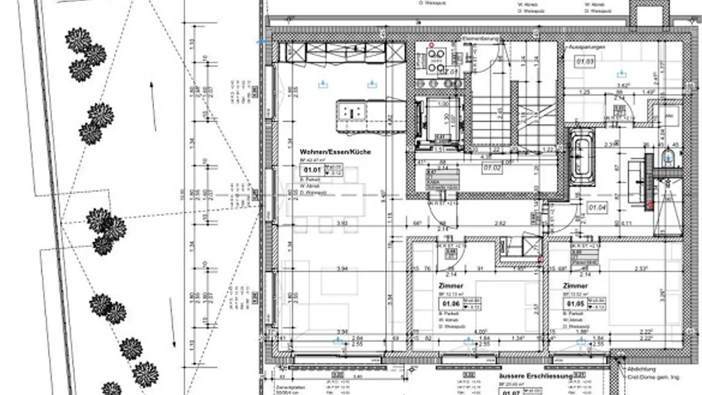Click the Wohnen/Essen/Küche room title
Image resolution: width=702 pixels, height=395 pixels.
[335, 152]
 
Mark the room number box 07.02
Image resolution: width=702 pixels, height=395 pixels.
[491, 168]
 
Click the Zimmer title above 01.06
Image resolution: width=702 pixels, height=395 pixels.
[451, 286]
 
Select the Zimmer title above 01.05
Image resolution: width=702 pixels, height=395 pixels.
[575, 286]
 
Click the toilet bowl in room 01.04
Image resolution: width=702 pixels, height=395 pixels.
[668, 158]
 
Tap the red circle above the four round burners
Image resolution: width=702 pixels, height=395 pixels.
[431, 45]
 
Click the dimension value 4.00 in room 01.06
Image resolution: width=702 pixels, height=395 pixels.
[481, 331]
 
